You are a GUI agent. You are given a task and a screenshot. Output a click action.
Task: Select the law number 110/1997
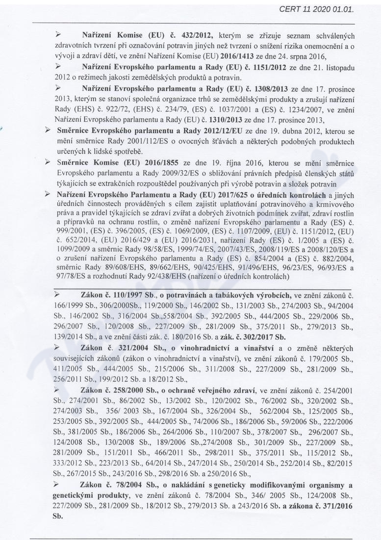click(x=127, y=295)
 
